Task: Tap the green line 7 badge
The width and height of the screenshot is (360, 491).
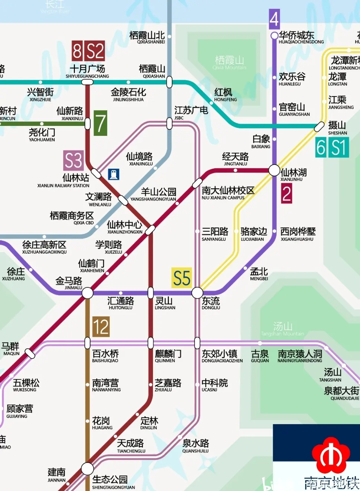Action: pos(100,123)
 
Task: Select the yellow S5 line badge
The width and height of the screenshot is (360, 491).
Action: pos(181,278)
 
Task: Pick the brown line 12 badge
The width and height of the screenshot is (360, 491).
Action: pos(101,327)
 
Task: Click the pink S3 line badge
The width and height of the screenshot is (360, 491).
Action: pos(73,160)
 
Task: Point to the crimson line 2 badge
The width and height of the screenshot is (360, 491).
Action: pos(286,194)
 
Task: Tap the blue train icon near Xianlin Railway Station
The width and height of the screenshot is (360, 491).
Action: pos(114,174)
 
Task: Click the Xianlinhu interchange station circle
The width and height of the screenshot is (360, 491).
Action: pos(274,170)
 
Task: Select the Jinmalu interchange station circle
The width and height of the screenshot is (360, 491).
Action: pos(88,293)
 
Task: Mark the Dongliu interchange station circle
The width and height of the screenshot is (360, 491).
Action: pos(197,293)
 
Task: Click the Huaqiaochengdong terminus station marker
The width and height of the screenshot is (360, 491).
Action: pos(274,36)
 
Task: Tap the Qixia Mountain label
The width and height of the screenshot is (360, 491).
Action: pos(229,62)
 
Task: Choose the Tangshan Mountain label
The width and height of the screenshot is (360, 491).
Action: pos(283,329)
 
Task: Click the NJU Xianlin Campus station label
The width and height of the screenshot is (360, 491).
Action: pos(228,193)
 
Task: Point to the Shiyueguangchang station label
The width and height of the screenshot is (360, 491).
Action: pos(87,71)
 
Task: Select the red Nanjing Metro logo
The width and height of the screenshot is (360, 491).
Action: pos(331,455)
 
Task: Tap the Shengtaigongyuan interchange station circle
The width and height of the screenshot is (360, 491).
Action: pos(88,469)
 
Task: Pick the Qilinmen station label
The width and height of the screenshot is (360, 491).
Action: pos(168,356)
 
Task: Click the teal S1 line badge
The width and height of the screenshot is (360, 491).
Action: pos(338,147)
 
